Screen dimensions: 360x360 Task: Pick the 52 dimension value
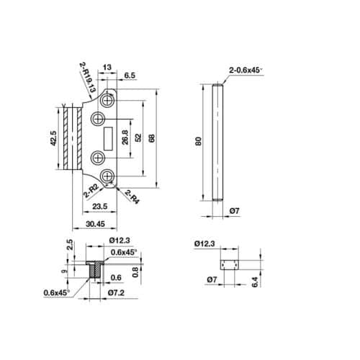click(x=138, y=136)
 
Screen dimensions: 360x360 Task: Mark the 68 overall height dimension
click(x=151, y=137)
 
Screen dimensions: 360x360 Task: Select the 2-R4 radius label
click(x=132, y=194)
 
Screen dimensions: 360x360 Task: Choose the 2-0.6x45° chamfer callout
click(x=245, y=71)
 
